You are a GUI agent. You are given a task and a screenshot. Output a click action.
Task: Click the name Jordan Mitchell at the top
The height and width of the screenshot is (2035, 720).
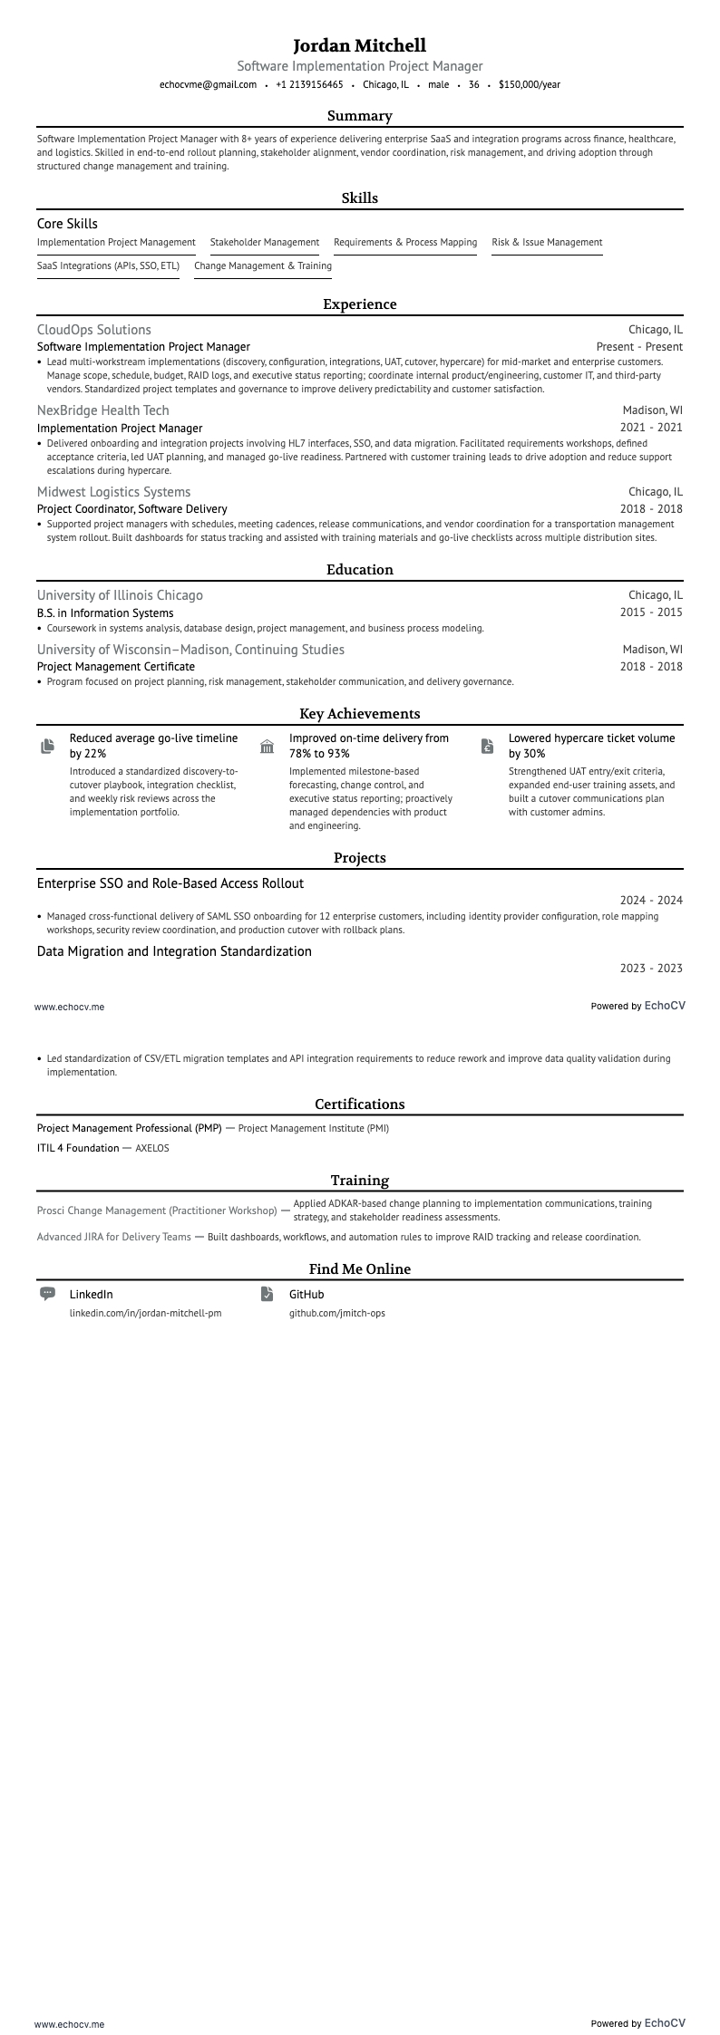359,45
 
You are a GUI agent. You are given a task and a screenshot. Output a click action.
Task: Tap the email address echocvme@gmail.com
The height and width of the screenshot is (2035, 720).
208,84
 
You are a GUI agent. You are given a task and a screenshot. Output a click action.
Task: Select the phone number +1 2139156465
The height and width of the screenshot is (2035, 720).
309,84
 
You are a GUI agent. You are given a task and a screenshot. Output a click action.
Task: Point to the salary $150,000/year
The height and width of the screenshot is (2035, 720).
529,84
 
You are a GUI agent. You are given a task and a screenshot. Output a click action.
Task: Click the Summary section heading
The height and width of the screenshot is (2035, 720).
359,116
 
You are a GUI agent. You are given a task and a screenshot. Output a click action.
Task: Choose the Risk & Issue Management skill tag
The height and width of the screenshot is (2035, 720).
547,242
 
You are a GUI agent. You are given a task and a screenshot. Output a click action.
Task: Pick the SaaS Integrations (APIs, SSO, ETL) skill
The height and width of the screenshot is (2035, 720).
108,265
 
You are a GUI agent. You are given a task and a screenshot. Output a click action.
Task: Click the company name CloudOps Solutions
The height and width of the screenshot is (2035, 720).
94,330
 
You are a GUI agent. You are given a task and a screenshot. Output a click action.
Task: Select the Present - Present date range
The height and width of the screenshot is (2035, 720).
638,347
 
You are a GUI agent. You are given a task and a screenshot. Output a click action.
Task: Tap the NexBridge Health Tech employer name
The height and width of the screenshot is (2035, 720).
102,410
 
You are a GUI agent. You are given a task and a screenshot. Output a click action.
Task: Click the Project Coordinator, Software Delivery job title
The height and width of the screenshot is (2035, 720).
131,509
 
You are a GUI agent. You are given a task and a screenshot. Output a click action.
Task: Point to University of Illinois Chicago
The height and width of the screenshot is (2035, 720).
120,595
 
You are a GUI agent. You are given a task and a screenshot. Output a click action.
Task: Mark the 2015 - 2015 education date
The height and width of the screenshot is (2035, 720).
650,612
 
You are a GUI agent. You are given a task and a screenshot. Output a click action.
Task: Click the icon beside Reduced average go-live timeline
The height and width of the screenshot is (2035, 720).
47,746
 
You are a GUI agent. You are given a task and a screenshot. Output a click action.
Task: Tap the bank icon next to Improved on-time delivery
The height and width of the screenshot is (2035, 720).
267,746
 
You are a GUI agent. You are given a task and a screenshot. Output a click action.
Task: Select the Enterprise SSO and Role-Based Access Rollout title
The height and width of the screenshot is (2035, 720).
170,883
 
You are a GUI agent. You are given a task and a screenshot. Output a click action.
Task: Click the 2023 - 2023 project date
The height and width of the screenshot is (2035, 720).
650,969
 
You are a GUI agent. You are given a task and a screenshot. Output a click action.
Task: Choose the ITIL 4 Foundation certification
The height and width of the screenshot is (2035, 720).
78,1148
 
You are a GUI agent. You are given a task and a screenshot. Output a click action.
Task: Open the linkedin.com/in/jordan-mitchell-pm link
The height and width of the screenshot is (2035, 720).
145,1313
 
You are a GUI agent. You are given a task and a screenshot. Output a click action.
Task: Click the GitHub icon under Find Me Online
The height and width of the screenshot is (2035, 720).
267,1294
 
